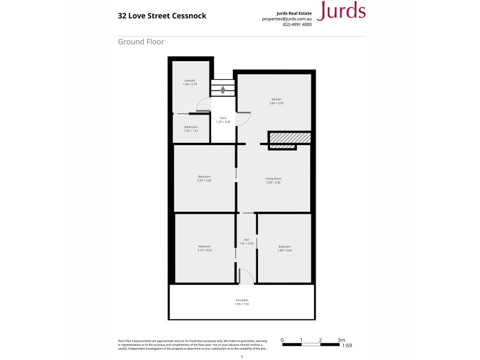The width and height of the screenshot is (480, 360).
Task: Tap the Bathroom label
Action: tap(191, 128)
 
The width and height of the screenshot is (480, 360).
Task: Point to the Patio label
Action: tap(223, 119)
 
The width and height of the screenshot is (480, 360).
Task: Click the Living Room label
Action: tap(274, 179)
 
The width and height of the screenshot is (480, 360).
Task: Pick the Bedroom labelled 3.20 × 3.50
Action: tap(204, 178)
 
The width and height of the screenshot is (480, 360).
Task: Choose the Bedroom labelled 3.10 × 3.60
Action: tap(204, 248)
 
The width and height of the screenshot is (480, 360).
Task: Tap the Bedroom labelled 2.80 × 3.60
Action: tap(284, 248)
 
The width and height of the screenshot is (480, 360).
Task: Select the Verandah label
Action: tap(241, 302)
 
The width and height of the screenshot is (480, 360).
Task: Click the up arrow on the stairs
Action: tap(223, 89)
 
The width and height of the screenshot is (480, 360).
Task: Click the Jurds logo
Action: tap(341, 11)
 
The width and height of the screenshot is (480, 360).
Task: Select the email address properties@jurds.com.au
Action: tap(286, 19)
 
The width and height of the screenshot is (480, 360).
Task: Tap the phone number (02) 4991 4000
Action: tap(296, 25)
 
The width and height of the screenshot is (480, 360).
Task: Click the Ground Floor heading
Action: tap(141, 42)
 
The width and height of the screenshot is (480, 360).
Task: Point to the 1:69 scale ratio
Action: tap(346, 346)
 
